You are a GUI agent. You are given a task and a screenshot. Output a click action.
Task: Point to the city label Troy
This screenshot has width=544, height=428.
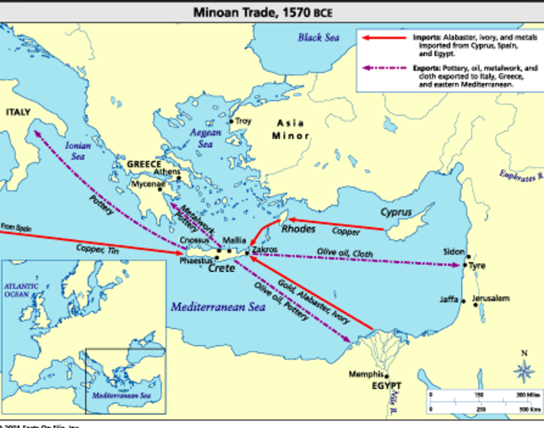click(243, 121)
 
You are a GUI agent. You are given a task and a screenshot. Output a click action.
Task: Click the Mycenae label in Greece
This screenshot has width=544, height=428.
click(149, 185)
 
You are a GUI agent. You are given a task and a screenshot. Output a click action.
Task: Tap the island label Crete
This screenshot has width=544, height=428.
click(221, 267)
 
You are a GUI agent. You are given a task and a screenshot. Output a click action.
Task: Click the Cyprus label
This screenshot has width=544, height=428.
click(397, 212)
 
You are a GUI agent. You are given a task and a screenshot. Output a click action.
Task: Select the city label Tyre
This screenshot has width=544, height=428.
click(477, 266)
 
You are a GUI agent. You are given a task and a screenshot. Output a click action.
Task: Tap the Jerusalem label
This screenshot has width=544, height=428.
click(491, 297)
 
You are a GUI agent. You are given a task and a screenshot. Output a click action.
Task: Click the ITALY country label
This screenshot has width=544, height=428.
click(18, 112)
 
